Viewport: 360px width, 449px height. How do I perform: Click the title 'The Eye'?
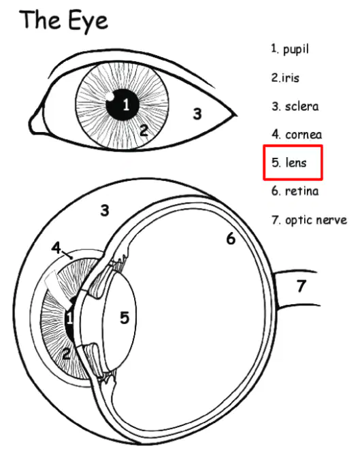tap(63, 20)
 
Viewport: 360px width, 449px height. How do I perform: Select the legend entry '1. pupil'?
tap(290, 49)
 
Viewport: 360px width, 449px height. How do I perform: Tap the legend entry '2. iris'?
tap(285, 78)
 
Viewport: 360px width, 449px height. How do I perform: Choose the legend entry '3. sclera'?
tap(295, 106)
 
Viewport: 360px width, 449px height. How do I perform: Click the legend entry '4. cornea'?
tap(297, 134)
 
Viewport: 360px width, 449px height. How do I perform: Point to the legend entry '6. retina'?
tap(295, 190)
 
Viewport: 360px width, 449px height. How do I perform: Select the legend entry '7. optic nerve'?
tap(310, 220)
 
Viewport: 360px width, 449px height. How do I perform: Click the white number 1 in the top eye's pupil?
tap(126, 104)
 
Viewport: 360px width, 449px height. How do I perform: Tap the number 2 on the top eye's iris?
tap(144, 130)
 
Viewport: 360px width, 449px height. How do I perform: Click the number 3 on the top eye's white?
tap(197, 114)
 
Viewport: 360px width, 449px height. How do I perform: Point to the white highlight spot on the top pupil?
tap(110, 96)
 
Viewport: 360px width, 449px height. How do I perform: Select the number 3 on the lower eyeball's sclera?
tap(105, 210)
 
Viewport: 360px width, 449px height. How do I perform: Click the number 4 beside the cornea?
tap(56, 248)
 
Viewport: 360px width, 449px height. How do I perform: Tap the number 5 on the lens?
tap(125, 318)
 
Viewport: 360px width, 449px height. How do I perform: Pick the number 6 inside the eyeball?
tap(231, 238)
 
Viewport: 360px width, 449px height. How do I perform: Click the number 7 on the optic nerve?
tap(301, 286)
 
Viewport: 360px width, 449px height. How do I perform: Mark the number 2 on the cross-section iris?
tap(66, 353)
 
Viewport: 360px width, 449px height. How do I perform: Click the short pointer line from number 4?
tap(67, 254)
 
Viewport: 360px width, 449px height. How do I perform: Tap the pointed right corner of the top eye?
tap(237, 116)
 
